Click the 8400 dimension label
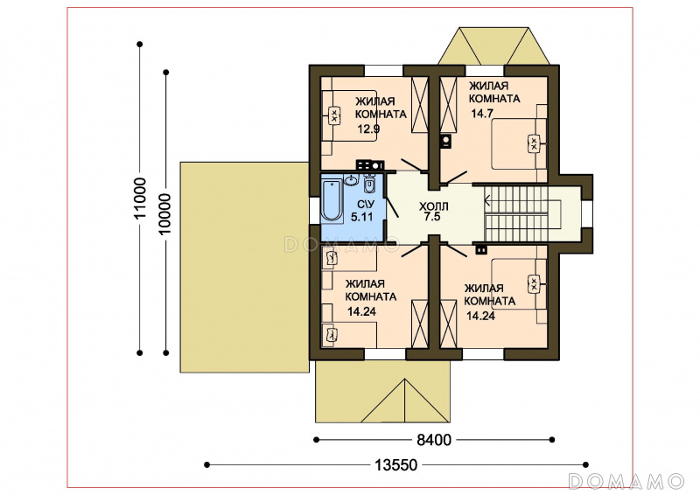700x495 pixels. [x=434, y=440]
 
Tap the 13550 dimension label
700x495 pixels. [x=395, y=465]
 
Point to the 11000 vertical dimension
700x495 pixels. [x=140, y=198]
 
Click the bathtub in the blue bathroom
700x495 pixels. [x=332, y=200]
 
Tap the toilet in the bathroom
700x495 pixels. [x=369, y=184]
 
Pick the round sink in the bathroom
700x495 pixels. [x=352, y=180]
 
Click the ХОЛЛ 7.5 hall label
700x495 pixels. [x=433, y=212]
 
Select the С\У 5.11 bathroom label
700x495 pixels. [x=361, y=211]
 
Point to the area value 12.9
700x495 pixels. [x=368, y=129]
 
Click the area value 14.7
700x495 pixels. [x=482, y=114]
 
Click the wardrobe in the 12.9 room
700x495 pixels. [x=420, y=105]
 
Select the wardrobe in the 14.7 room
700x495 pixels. [x=449, y=105]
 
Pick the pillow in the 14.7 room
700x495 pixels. [x=534, y=143]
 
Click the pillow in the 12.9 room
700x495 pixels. [x=334, y=115]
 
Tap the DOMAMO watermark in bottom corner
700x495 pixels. [x=626, y=481]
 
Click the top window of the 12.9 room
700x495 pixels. [x=384, y=71]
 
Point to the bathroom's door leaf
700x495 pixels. [x=392, y=207]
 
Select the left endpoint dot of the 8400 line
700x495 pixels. [x=317, y=440]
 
